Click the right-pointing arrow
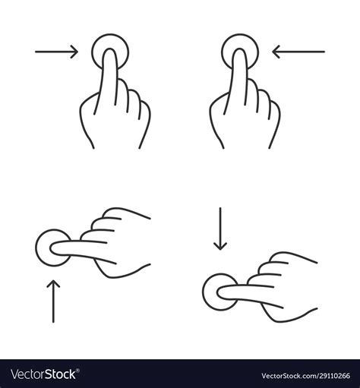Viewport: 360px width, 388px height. coord(56,52)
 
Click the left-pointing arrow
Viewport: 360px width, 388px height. coord(298,52)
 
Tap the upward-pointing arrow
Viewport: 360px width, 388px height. coord(53,301)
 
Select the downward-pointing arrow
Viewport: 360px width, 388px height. coord(220,229)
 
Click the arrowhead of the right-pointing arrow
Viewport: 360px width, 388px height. coord(75,52)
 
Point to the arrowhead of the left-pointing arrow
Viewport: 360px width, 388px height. coord(276,52)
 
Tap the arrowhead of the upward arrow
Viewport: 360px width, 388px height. coord(53,282)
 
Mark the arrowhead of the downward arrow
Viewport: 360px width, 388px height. coord(220,247)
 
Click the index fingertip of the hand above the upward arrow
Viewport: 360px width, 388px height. coord(52,248)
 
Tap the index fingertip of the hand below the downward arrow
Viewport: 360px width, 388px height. coord(219,292)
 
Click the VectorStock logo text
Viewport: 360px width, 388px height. coord(43,374)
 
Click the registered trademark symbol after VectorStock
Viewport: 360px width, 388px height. coord(77,371)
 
